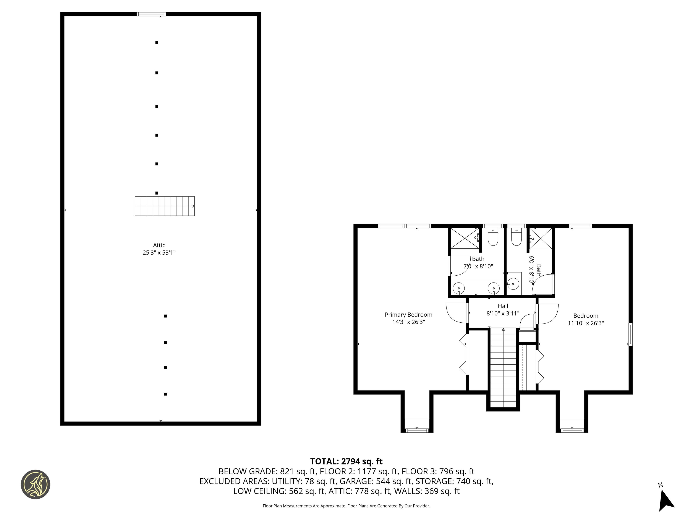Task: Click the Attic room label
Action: tap(159, 245)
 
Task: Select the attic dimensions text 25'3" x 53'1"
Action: tap(159, 253)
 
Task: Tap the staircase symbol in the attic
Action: tap(165, 206)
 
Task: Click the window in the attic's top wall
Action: tap(151, 14)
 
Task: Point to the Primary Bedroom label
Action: tap(408, 315)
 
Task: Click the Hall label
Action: tap(503, 306)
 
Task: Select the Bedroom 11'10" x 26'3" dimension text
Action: tap(586, 323)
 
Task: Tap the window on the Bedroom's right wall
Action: tap(630, 335)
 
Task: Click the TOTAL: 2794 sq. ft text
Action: tap(346, 461)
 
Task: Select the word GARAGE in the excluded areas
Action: tap(356, 481)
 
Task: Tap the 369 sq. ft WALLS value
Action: tap(442, 491)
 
